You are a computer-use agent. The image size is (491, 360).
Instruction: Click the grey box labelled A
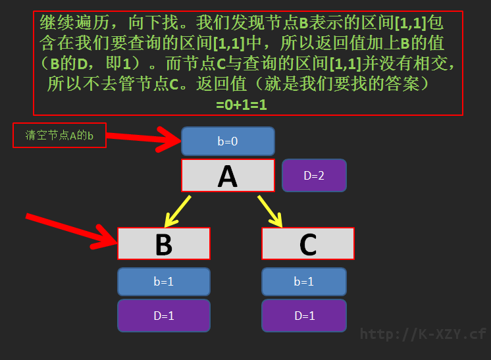point(228,175)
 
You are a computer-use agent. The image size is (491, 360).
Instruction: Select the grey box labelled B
point(164,244)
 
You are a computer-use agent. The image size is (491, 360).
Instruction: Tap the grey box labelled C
point(308,244)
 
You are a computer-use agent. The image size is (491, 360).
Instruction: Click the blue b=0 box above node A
point(228,141)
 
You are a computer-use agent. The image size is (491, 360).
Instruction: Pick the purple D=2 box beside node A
point(314,175)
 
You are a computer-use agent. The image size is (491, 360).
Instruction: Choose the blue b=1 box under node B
point(164,282)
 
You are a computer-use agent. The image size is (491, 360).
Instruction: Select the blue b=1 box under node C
point(304,282)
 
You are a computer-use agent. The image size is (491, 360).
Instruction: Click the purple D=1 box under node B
point(164,315)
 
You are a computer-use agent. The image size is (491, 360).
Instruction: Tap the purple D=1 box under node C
point(304,315)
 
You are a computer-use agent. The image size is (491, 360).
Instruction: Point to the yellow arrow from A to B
point(178,212)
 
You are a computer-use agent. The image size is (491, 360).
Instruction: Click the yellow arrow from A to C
point(270,212)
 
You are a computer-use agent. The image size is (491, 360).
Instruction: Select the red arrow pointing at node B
point(71,231)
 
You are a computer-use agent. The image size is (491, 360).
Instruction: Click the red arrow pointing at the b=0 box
point(143,139)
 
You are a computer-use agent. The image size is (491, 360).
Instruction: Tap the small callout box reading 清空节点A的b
point(59,135)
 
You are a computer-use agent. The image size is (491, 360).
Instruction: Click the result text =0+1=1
point(242,105)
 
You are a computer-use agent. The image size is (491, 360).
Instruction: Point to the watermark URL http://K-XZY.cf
point(423,334)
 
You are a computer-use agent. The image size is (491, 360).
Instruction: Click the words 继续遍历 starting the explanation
point(74,22)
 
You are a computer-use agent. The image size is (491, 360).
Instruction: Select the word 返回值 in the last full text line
point(222,84)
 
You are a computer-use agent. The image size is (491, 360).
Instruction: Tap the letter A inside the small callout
point(73,136)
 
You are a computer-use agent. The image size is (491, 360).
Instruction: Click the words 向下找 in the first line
point(153,22)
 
